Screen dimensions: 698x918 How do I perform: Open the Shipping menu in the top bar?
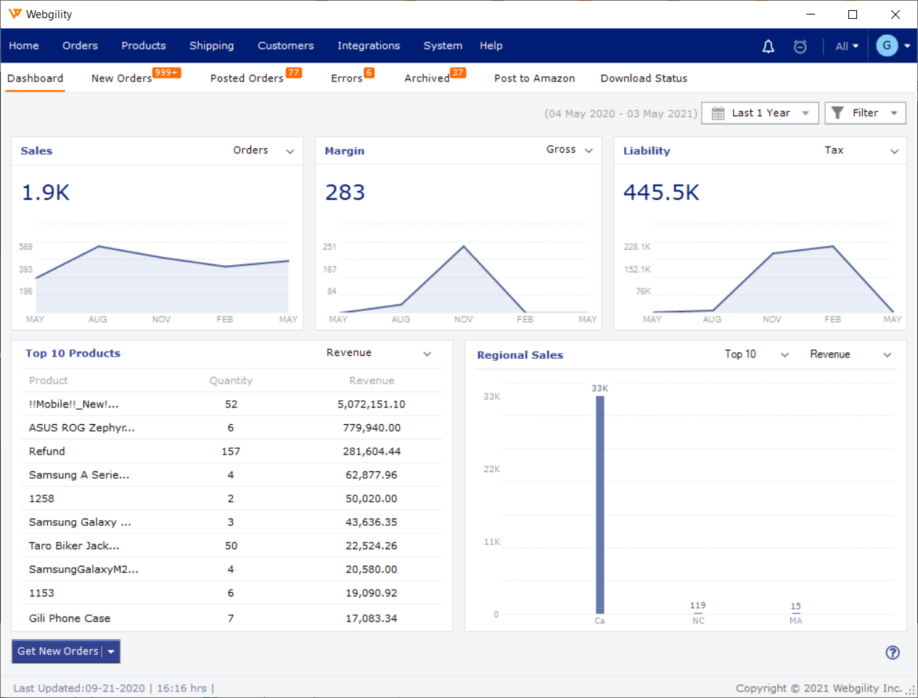[x=211, y=46]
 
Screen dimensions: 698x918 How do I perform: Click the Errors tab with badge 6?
[x=347, y=78]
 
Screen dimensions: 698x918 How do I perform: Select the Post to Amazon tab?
[x=534, y=78]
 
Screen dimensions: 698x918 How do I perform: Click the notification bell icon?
[x=768, y=46]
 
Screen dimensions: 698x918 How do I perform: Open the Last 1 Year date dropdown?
[x=760, y=113]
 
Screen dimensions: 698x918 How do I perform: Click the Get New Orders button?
[x=58, y=652]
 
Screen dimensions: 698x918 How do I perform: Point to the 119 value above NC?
[x=697, y=605]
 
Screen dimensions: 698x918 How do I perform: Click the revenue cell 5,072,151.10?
[x=371, y=405]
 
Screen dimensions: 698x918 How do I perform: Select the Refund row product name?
[x=47, y=452]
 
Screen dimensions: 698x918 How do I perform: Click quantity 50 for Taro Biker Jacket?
[x=231, y=546]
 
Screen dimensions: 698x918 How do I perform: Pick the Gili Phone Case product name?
[x=70, y=619]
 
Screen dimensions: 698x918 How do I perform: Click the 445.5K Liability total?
[x=661, y=192]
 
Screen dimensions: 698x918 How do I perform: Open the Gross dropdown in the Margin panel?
[x=570, y=150]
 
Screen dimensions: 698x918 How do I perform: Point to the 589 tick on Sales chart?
[x=26, y=247]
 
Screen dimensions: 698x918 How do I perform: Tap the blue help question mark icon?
[x=893, y=652]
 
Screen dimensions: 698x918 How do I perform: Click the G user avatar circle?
[x=886, y=46]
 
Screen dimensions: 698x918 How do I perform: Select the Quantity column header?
[x=231, y=381]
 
